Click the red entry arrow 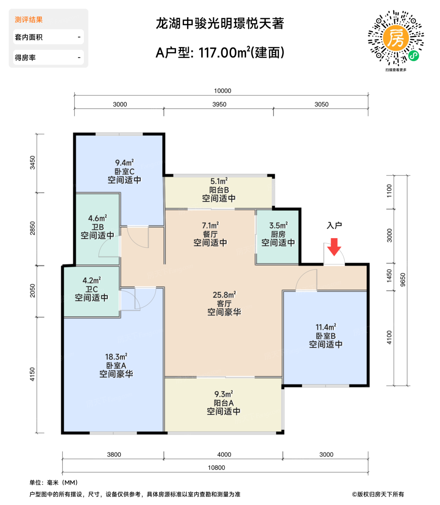[334, 247]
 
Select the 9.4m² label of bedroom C [124, 163]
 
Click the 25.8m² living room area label [224, 295]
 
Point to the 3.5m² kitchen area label [278, 226]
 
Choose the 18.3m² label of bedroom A [116, 357]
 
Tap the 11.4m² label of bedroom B [325, 328]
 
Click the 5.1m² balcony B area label [219, 181]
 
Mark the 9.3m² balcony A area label [223, 394]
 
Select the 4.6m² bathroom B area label [98, 219]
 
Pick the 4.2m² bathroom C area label [91, 281]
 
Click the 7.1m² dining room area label [210, 226]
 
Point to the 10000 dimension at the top [223, 91]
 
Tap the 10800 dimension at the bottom [216, 468]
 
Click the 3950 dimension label [219, 105]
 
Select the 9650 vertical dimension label [403, 280]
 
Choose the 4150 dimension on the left [33, 374]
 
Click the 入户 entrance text [334, 226]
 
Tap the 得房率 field [48, 58]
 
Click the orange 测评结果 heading [29, 20]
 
